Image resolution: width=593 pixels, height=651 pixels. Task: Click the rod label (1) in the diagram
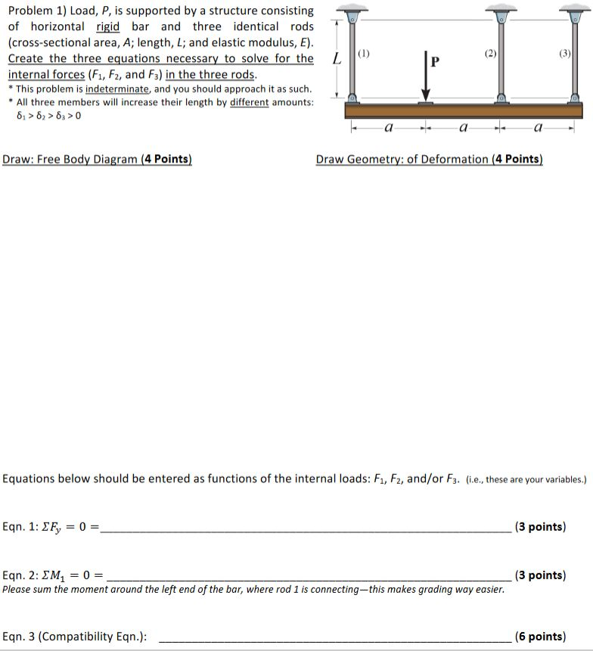click(365, 54)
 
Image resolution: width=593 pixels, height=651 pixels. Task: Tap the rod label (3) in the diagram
click(564, 54)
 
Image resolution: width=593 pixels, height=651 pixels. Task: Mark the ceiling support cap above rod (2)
click(499, 8)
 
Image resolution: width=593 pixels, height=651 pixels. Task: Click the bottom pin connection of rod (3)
click(575, 99)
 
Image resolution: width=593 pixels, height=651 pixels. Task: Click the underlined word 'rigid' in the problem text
click(109, 27)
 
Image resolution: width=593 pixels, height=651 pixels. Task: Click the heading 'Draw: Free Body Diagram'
click(97, 159)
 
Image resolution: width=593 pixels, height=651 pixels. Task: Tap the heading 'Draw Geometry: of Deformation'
click(429, 159)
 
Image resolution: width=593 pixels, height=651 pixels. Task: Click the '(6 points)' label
click(539, 636)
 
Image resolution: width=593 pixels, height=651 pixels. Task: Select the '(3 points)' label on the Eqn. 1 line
click(539, 527)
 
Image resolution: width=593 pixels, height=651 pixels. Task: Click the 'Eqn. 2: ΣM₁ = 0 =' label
click(54, 575)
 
